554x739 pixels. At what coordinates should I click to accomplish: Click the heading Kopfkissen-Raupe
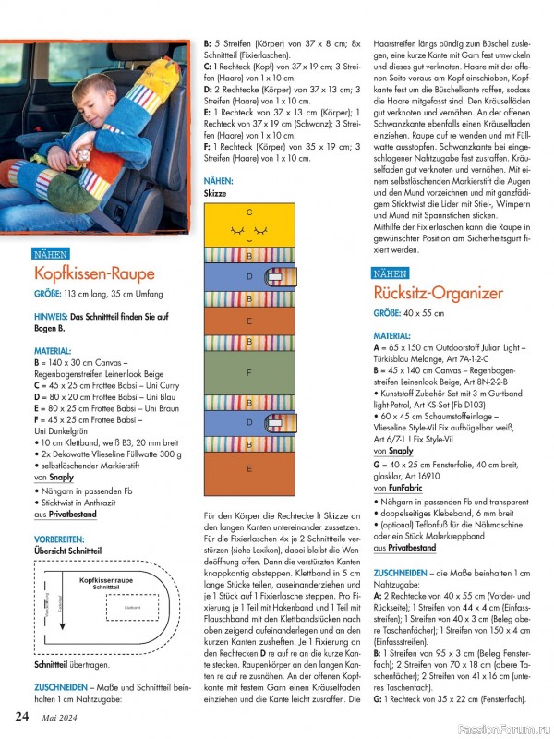click(94, 273)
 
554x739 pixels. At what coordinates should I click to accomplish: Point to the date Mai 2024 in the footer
click(58, 716)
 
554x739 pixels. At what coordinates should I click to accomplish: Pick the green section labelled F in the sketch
click(249, 372)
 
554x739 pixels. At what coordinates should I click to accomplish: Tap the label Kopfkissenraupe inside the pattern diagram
click(106, 580)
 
